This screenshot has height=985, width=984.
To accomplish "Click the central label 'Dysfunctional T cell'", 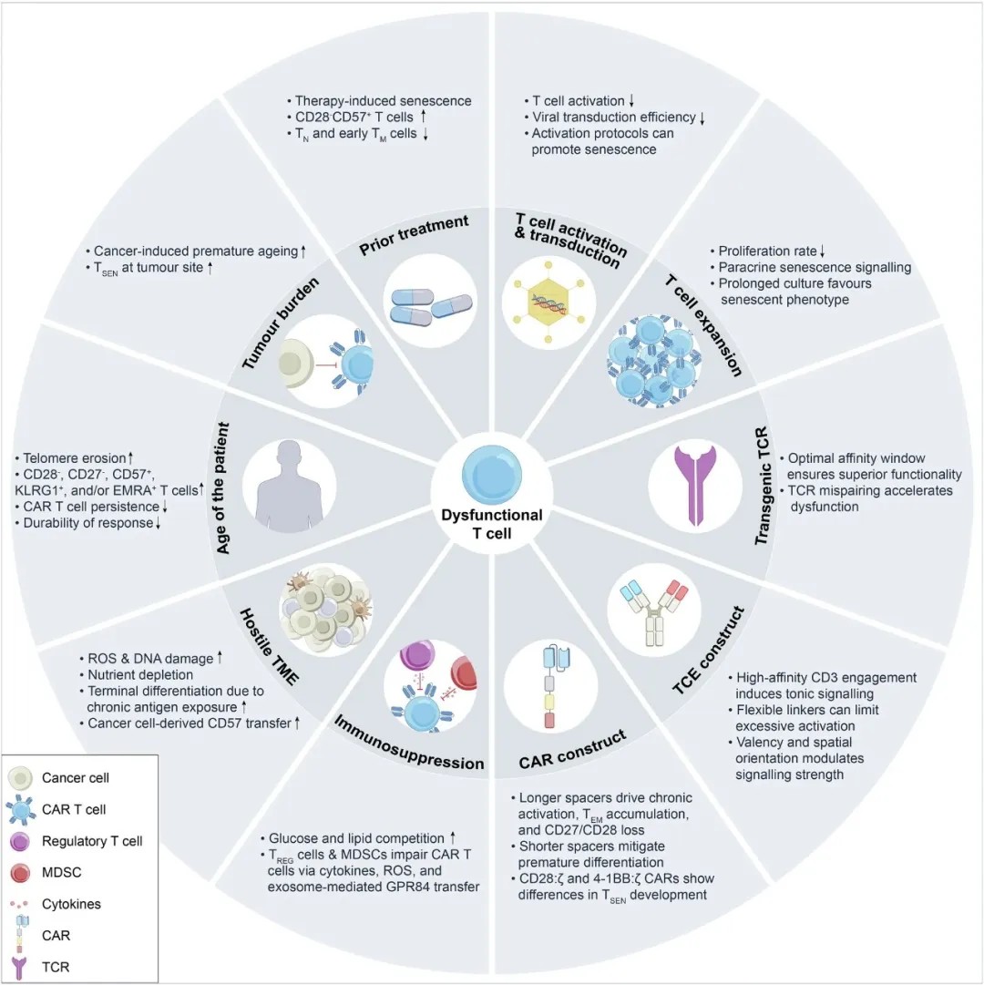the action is (x=492, y=524).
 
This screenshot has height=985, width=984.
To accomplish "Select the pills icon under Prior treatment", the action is (x=430, y=306).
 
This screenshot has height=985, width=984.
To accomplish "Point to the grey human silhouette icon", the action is (x=290, y=487).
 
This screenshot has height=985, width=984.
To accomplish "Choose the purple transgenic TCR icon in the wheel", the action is (x=695, y=485).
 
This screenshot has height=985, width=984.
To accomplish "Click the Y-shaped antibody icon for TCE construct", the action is (x=653, y=611).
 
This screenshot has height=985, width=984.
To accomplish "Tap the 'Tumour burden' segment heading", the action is (x=281, y=323).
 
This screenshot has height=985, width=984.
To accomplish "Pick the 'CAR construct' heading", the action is (x=573, y=749).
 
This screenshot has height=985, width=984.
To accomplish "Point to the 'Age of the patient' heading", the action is (x=222, y=488).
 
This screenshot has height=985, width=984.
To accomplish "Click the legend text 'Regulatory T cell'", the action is (x=92, y=841).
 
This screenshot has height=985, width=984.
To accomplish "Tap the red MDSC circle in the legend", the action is (x=20, y=873).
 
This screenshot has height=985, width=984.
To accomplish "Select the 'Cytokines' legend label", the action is (x=71, y=904).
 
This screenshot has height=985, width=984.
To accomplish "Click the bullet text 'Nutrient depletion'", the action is (x=140, y=674).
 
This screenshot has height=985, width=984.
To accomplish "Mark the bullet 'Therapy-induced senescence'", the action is (x=383, y=100).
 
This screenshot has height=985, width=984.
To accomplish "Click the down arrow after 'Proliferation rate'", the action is (x=822, y=251).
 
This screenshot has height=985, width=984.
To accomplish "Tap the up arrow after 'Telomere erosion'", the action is (x=130, y=458).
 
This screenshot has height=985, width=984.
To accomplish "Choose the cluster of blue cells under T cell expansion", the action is (x=653, y=361).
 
